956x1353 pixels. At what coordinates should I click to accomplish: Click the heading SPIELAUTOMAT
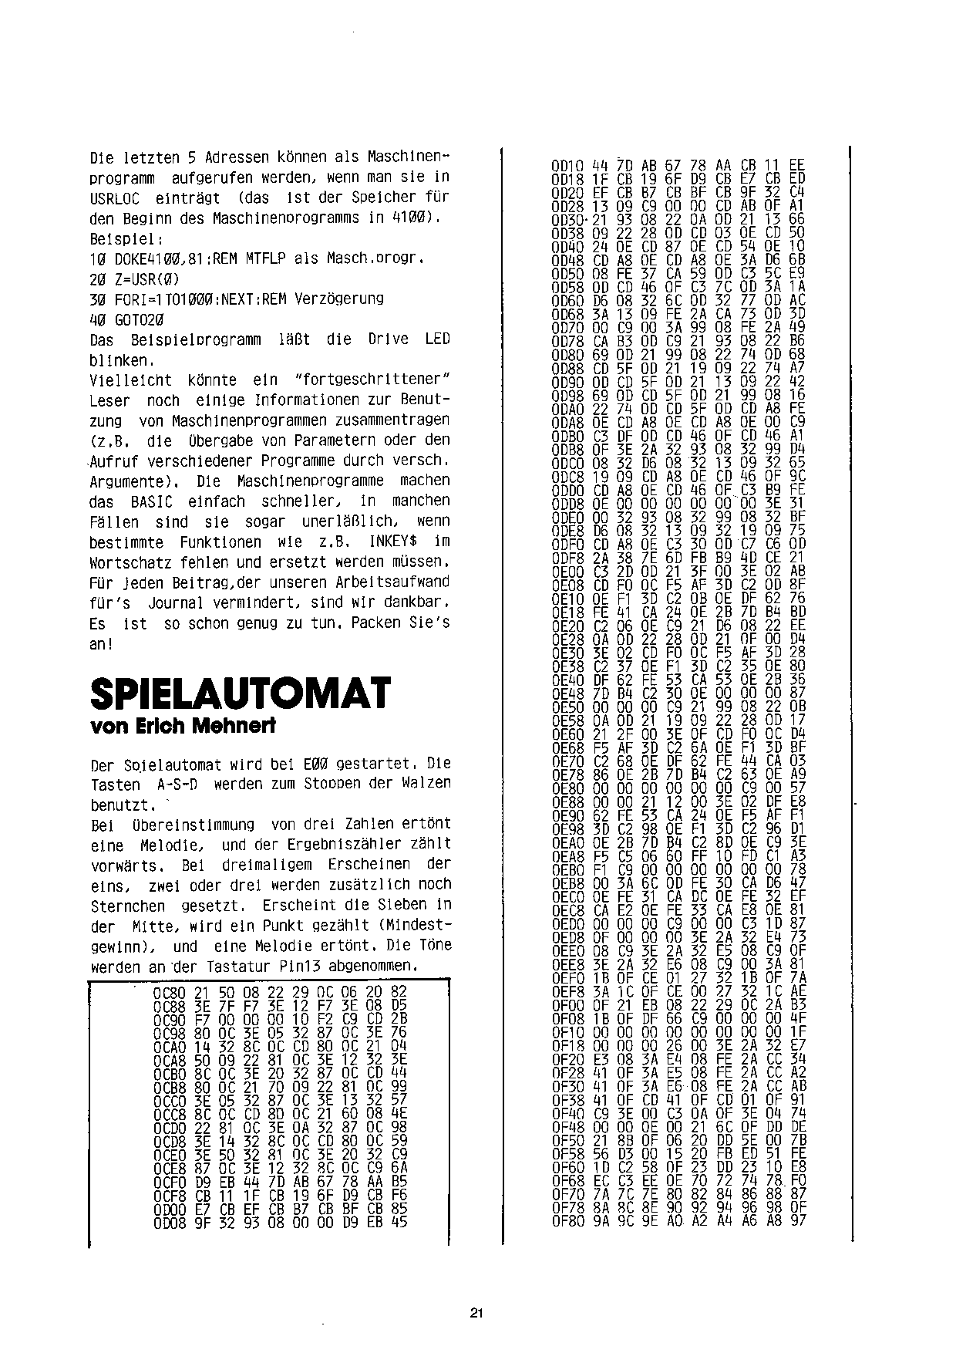point(241,693)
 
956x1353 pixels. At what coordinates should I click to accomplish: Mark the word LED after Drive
point(437,339)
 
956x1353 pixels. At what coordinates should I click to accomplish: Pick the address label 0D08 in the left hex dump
point(167,1221)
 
